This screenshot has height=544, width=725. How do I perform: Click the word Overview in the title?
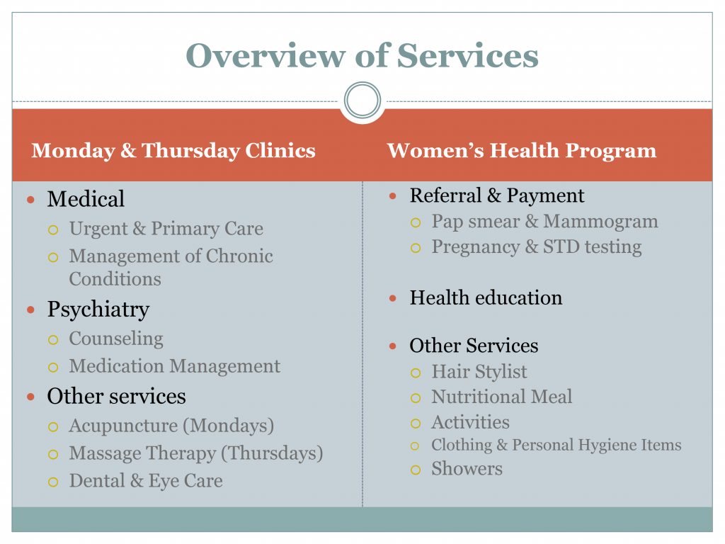[x=266, y=55]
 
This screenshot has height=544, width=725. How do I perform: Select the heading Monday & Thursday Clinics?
[x=173, y=150]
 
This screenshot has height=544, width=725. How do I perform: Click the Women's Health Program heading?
[x=522, y=150]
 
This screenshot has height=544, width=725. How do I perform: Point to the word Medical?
[x=86, y=199]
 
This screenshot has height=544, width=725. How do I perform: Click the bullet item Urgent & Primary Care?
[x=166, y=229]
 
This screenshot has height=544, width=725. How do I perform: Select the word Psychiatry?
[x=98, y=309]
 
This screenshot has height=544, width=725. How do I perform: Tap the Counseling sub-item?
[x=116, y=339]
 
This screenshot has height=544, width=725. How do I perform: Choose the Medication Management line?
[x=175, y=366]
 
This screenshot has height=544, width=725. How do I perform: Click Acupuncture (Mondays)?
[x=171, y=426]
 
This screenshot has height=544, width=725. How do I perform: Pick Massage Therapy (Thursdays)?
[x=196, y=453]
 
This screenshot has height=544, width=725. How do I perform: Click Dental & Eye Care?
[x=146, y=481]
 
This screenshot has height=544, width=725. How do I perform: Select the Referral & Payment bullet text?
[x=496, y=195]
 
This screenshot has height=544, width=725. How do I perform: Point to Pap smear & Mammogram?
[x=544, y=222]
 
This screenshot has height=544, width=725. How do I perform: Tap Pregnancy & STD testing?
[x=537, y=247]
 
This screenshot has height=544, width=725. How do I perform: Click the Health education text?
[x=486, y=297]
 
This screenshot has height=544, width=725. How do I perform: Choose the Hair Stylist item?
[x=479, y=371]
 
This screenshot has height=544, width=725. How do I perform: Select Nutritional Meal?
[x=502, y=397]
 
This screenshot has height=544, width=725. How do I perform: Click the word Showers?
[x=467, y=469]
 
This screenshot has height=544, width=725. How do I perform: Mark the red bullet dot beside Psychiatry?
[x=31, y=310]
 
